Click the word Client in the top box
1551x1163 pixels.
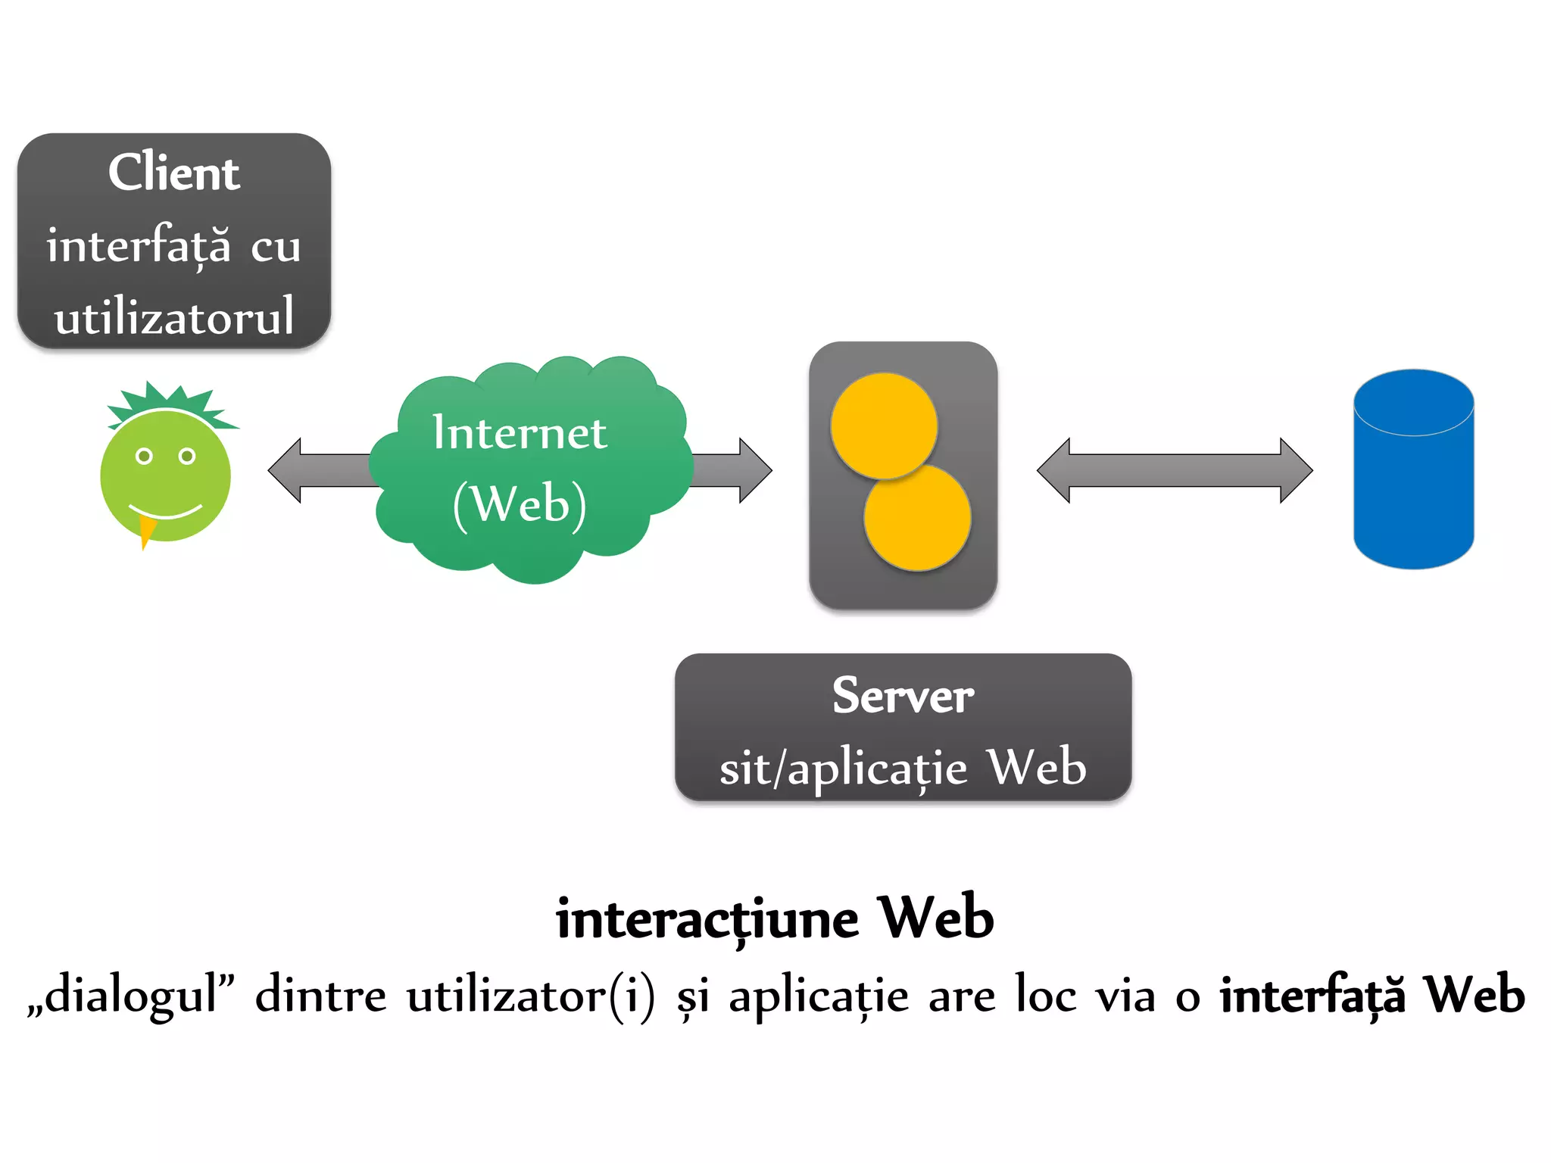pyautogui.click(x=173, y=173)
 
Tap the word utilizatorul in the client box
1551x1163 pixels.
pyautogui.click(x=173, y=316)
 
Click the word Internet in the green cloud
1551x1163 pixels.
pyautogui.click(x=520, y=432)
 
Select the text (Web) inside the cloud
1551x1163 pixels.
pyautogui.click(x=520, y=504)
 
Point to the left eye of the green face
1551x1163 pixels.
pyautogui.click(x=144, y=456)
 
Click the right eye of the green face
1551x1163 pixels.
pyautogui.click(x=187, y=456)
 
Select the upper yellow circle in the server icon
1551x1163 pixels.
pyautogui.click(x=883, y=426)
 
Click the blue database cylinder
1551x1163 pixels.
pyautogui.click(x=1413, y=485)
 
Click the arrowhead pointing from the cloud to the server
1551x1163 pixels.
pyautogui.click(x=754, y=470)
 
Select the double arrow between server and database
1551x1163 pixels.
pyautogui.click(x=1174, y=470)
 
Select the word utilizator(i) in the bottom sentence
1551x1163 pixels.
pyautogui.click(x=530, y=995)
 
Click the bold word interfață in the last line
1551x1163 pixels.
pyautogui.click(x=1312, y=995)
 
